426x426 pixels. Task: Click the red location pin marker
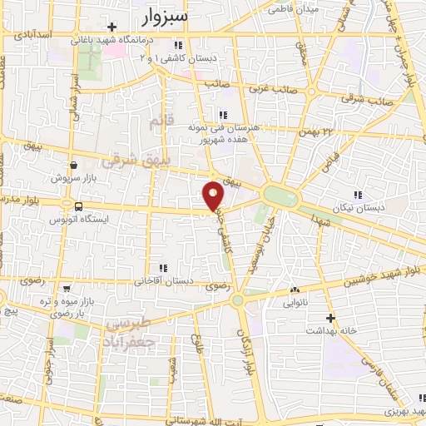214,195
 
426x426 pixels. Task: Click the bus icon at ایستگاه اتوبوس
78,206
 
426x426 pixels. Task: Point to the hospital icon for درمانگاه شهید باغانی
112,27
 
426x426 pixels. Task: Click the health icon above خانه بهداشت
330,318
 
